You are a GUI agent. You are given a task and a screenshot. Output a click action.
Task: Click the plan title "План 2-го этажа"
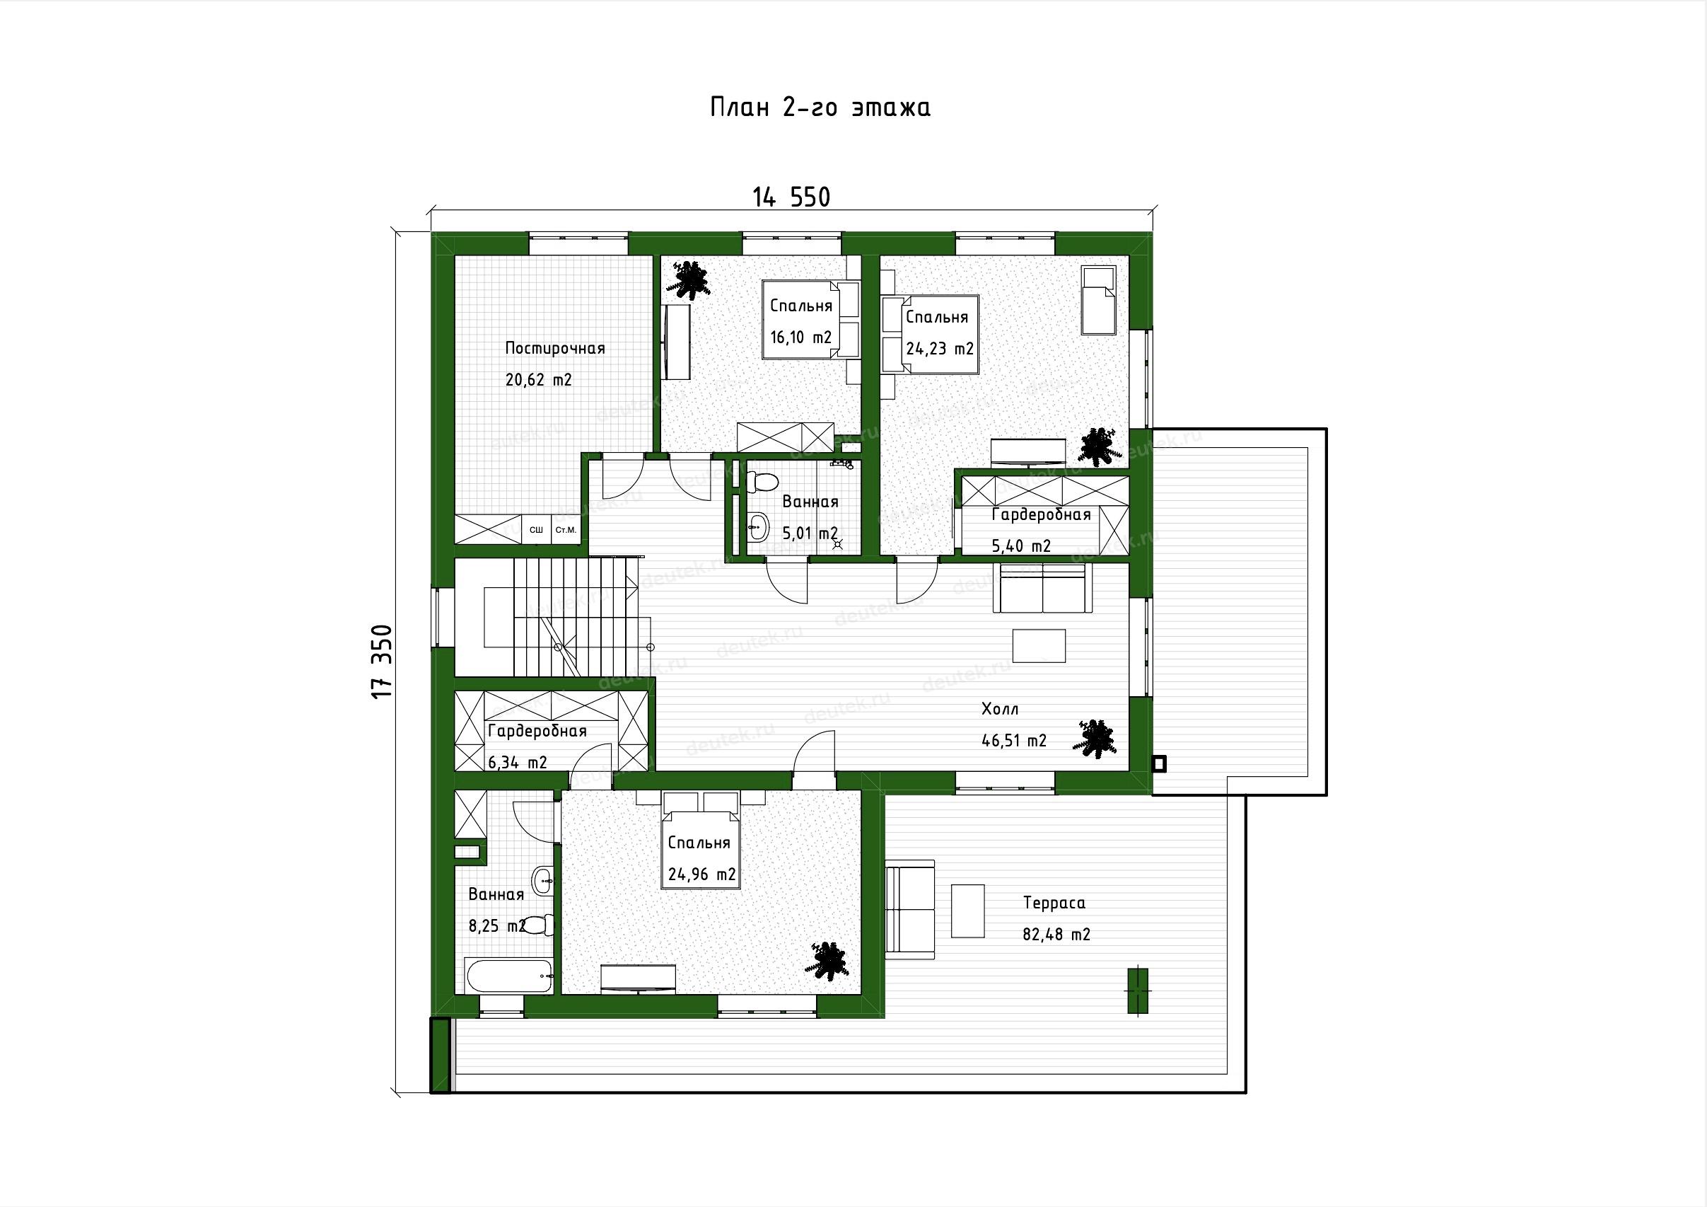(821, 108)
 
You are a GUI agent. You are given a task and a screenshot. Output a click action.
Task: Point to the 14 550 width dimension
(792, 197)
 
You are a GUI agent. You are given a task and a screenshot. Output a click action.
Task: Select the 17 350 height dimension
(381, 661)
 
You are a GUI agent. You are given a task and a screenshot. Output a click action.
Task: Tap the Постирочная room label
(554, 348)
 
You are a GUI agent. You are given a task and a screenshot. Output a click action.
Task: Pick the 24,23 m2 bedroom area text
(940, 348)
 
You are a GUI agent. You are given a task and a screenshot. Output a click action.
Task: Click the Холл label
(1000, 710)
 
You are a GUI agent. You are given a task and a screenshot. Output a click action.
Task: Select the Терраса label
(1054, 903)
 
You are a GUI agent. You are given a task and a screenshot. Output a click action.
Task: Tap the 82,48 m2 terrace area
(1056, 935)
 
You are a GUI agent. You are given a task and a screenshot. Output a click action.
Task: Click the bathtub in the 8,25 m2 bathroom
(509, 975)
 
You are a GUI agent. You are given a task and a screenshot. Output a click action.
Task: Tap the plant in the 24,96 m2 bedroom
(825, 960)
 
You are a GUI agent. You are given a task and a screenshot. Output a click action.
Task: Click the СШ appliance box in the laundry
(536, 530)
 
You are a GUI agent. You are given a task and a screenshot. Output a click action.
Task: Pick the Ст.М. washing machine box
(566, 530)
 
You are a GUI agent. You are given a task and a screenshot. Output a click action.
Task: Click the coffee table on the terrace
(968, 911)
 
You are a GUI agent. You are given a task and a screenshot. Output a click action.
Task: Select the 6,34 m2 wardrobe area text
(518, 762)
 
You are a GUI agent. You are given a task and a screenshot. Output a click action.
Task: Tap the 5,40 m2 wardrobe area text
(1022, 546)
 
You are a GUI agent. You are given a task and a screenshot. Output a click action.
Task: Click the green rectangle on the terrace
(1138, 991)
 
